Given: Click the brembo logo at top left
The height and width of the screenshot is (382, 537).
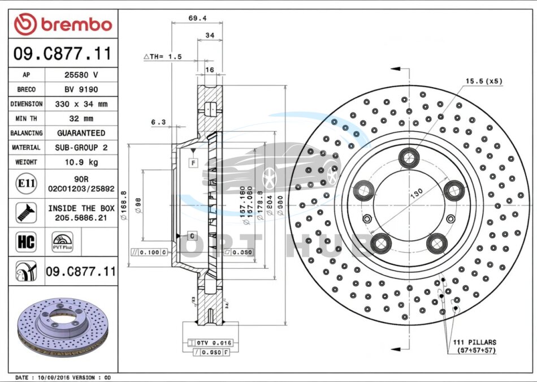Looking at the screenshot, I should pos(63,24).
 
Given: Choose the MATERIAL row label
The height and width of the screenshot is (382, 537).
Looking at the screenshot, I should pos(26,148).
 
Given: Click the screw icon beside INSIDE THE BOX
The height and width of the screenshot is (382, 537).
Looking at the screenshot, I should pos(26,212).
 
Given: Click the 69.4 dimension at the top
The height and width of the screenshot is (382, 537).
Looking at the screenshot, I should pos(197,18).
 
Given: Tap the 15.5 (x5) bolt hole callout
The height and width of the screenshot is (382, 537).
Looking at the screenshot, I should pos(483,81).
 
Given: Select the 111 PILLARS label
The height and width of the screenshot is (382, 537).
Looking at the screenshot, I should pos(474,342).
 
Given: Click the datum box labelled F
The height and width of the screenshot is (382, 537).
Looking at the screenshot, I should pos(193,163).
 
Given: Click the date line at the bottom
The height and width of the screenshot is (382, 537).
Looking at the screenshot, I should pos(62,377).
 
